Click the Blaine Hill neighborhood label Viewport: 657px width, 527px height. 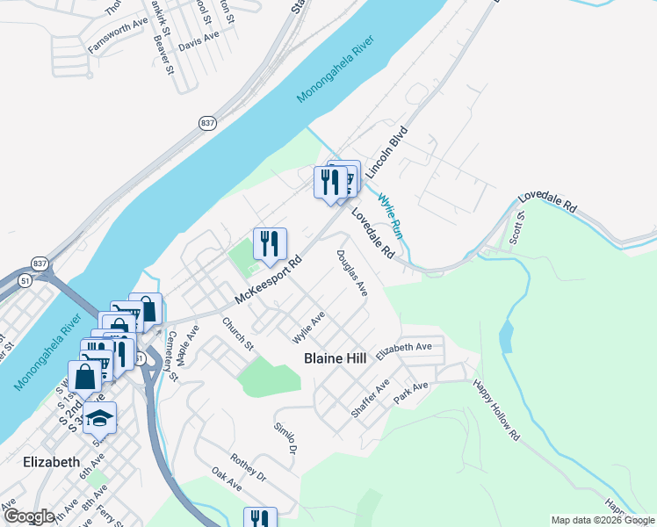[x=340, y=358]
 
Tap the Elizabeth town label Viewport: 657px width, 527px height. [x=52, y=461]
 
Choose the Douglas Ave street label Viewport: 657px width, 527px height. [x=351, y=272]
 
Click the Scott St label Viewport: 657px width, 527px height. [x=516, y=227]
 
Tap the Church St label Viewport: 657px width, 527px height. [x=238, y=335]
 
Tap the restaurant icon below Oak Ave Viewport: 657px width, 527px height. [x=259, y=519]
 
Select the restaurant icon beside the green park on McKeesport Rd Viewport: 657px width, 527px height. [x=271, y=242]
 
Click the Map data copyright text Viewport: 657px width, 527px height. [x=603, y=520]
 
